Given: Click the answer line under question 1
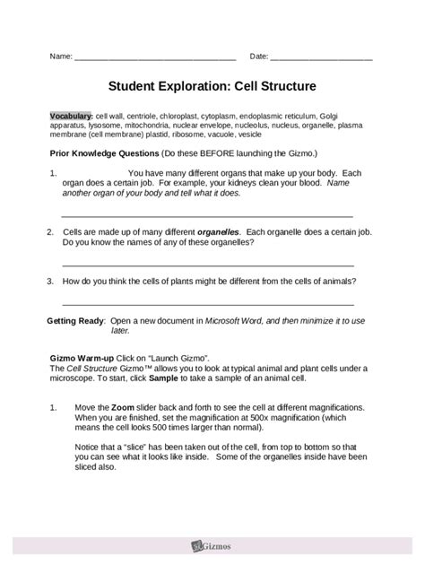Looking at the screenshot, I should (x=206, y=216).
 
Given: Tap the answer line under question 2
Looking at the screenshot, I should (x=206, y=265).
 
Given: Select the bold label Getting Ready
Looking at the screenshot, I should (x=75, y=320).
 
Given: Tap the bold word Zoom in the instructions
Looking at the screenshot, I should (x=124, y=406).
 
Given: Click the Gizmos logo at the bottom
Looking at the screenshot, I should (x=212, y=543).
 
